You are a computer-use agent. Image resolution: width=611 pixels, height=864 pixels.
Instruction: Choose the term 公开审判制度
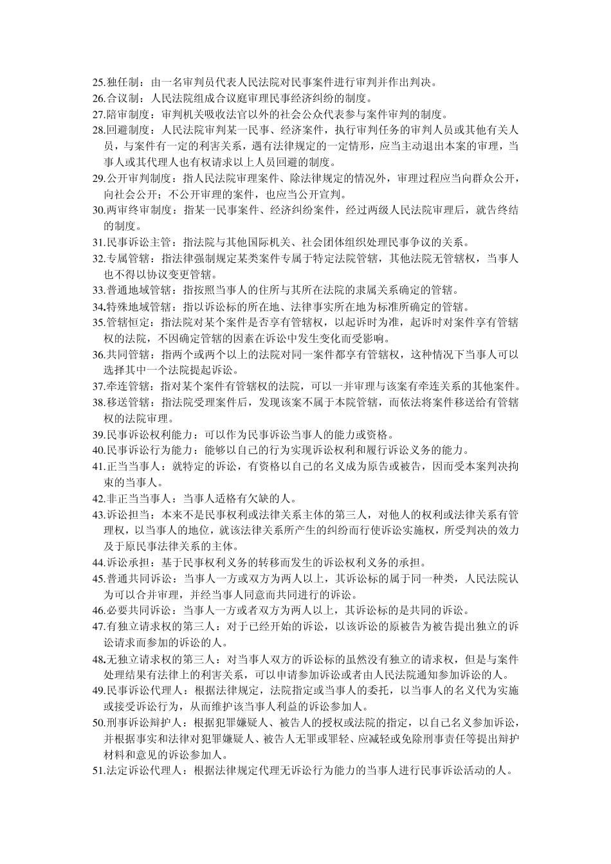click(x=137, y=178)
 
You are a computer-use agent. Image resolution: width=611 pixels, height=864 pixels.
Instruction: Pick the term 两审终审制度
click(x=137, y=210)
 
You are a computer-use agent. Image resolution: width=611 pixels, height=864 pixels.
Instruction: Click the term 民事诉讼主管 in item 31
click(x=137, y=242)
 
